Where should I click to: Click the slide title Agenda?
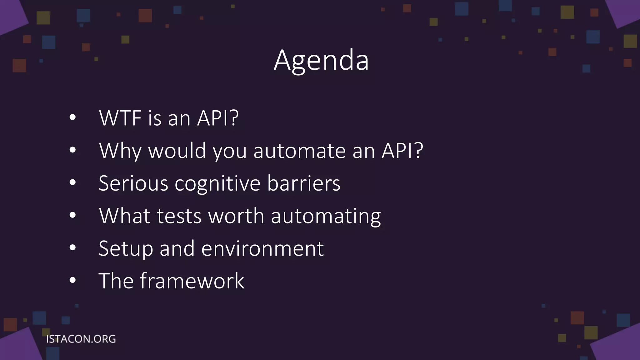(321, 60)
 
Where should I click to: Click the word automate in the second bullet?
(299, 151)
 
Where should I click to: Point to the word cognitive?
(217, 184)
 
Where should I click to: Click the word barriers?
(303, 183)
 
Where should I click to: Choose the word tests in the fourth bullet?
(179, 216)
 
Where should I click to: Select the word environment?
(262, 249)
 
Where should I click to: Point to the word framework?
(192, 281)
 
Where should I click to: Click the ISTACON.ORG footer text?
(81, 339)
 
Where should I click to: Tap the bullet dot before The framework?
(72, 280)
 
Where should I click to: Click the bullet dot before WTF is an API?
(72, 117)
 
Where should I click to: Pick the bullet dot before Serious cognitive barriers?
(72, 182)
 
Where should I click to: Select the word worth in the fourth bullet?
(236, 216)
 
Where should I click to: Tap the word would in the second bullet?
(177, 151)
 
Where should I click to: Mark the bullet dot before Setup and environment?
(72, 248)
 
